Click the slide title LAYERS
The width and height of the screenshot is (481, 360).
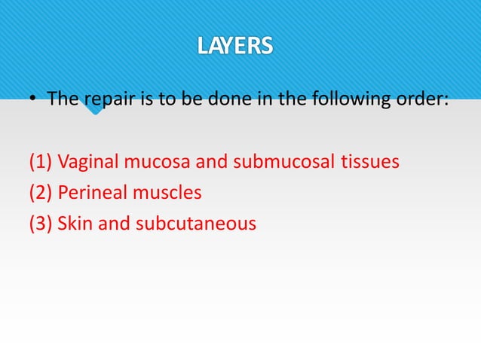(x=235, y=47)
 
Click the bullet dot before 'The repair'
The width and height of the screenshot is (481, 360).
(x=34, y=100)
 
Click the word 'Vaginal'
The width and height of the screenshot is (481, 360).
(x=85, y=162)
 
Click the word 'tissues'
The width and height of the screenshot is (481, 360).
(x=369, y=162)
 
